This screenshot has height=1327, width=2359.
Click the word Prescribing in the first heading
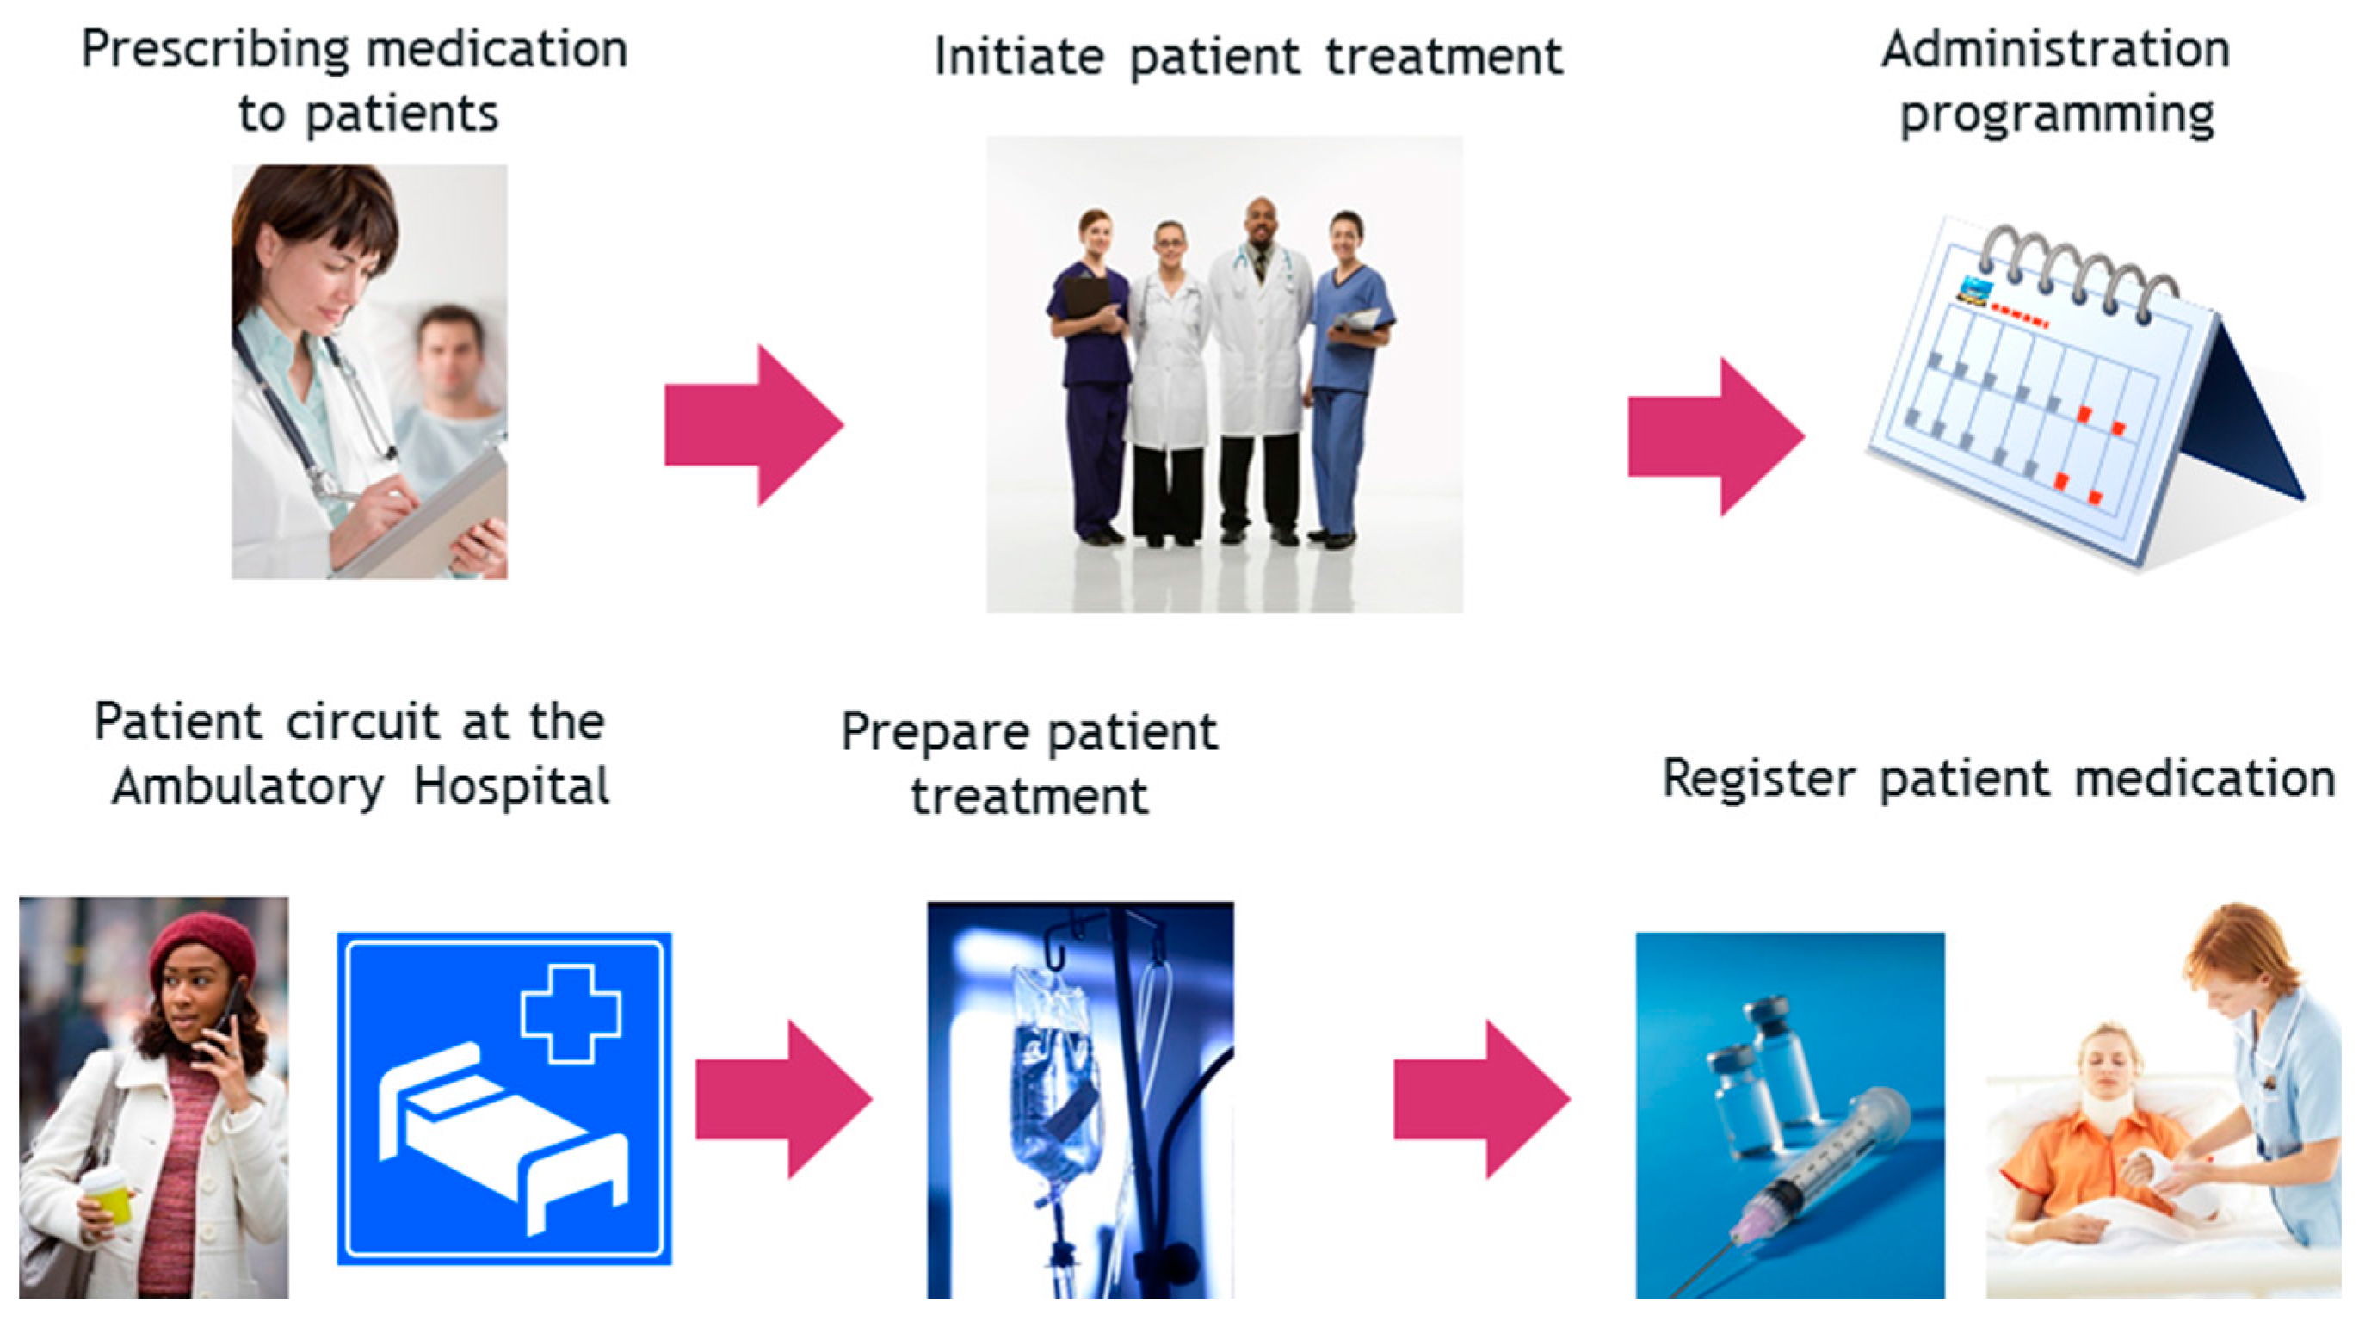click(216, 52)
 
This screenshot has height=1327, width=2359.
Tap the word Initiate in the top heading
click(1018, 57)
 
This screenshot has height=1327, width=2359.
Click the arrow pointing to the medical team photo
click(754, 425)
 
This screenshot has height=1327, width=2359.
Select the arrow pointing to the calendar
click(1716, 437)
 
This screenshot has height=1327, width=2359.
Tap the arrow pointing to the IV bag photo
click(784, 1099)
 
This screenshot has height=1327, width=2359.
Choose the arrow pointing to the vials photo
click(1482, 1099)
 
